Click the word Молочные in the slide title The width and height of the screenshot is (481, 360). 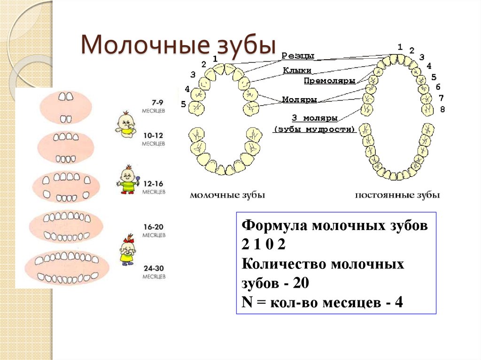pos(145,45)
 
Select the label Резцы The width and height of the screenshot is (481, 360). pos(297,56)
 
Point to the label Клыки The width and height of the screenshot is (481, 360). pos(297,70)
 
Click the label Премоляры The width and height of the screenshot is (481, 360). pos(330,81)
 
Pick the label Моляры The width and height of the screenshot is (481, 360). pos(299,100)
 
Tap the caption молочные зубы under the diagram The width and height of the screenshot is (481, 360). pos(227,195)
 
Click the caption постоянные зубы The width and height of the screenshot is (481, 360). pos(397,195)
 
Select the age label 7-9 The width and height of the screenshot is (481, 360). pos(157,103)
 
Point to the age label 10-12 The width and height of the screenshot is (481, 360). pos(154,136)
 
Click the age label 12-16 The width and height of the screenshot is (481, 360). pos(154,184)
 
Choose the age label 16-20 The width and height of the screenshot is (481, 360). pos(154,227)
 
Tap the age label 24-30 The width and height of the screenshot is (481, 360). pos(154,268)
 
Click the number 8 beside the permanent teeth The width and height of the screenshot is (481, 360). pos(442,109)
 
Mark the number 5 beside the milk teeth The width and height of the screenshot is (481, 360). pos(184,104)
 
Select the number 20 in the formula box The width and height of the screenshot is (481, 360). pos(301,283)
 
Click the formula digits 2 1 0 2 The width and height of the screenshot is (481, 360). pos(264,245)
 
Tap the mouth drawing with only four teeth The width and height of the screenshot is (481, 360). pos(66,107)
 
